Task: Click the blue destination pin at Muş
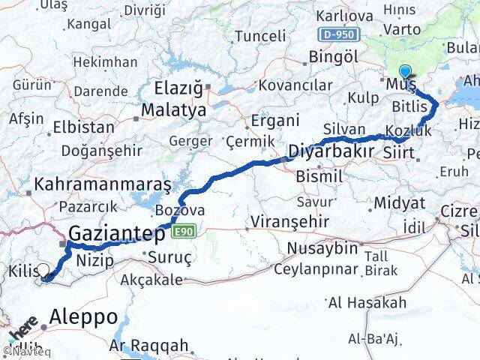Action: (406, 73)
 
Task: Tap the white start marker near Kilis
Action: (43, 271)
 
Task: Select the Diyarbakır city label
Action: (332, 150)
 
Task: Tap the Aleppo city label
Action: (82, 316)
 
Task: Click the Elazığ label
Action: (178, 89)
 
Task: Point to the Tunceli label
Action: (260, 35)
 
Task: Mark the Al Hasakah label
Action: (367, 303)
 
